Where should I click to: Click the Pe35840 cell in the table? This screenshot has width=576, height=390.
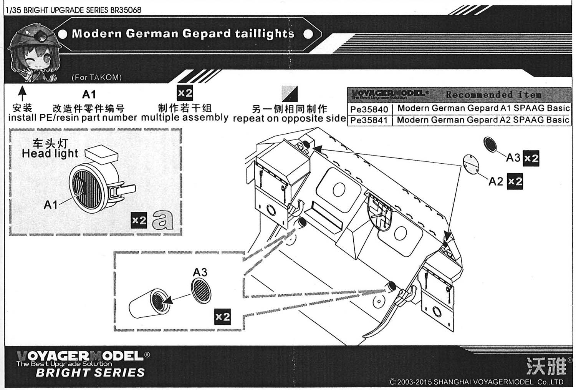coord(369,109)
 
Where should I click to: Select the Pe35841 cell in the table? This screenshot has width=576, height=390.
coord(369,120)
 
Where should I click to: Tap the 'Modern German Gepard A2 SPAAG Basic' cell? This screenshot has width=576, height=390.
coord(483,120)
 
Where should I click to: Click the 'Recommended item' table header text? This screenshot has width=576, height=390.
coord(493,95)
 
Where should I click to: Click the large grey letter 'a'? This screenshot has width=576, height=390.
coord(162,220)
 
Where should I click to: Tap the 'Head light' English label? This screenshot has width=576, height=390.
coord(50,154)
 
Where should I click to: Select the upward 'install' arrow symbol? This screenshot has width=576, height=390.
coord(22,93)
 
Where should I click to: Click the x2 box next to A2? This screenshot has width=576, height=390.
coord(515,181)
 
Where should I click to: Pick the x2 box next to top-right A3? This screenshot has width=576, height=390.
coord(531,158)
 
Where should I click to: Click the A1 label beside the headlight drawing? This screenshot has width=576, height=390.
coord(51,205)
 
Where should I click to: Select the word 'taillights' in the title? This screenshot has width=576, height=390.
coord(265,34)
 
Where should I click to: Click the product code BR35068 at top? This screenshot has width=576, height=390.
coord(126,10)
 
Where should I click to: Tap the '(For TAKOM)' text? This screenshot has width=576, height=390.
coord(96,77)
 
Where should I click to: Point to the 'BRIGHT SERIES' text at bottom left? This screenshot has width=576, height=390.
coord(90,372)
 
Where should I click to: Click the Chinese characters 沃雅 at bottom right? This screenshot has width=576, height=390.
coord(546,366)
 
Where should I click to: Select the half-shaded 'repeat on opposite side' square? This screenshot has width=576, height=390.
coord(289,94)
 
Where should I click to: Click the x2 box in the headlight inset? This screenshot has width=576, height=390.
coord(139,220)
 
